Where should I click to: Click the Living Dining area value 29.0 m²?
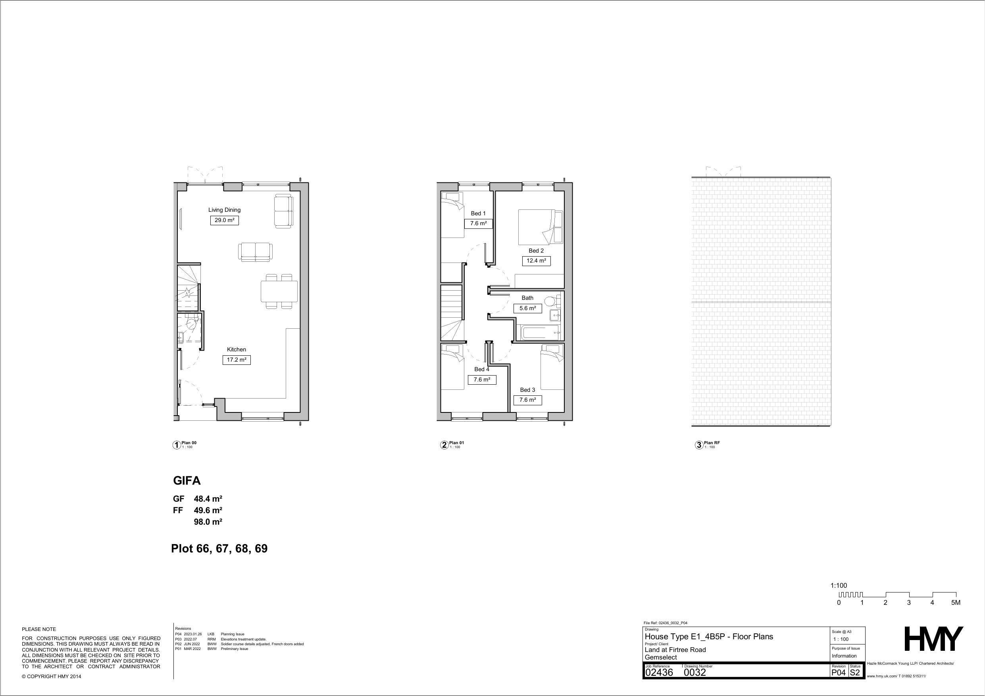[x=224, y=220]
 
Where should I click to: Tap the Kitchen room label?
[x=237, y=349]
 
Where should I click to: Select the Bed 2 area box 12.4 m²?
[x=536, y=261]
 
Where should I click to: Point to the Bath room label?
[x=527, y=297]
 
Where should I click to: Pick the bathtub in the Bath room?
[x=539, y=332]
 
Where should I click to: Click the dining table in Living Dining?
[x=279, y=291]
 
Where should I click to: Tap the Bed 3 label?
[x=527, y=390]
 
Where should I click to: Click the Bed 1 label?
[x=478, y=213]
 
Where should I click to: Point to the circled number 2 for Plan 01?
[x=444, y=445]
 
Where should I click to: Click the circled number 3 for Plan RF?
[x=699, y=445]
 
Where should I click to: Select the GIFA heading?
[x=187, y=481]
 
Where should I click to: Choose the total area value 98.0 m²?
[x=208, y=522]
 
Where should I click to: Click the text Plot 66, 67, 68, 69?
[x=219, y=549]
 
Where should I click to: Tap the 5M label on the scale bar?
[x=955, y=602]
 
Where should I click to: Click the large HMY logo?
[x=933, y=639]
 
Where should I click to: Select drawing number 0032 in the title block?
[x=695, y=673]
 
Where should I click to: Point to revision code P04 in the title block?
[x=838, y=673]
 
